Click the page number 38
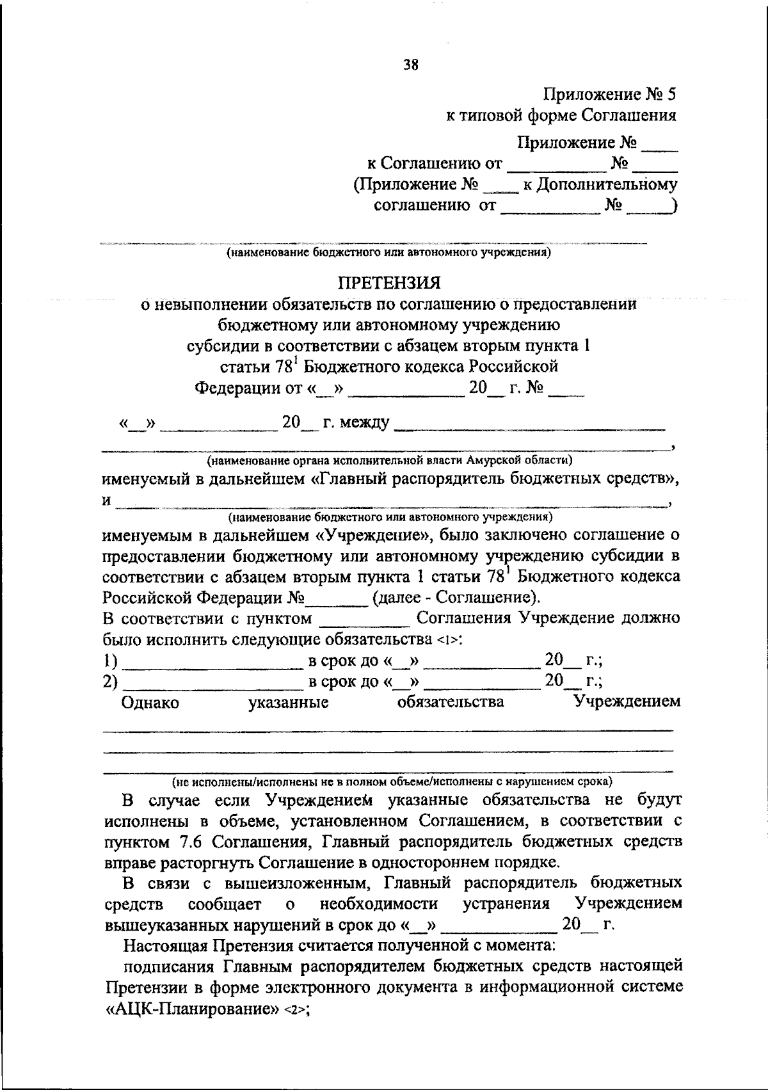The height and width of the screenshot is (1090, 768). pyautogui.click(x=411, y=64)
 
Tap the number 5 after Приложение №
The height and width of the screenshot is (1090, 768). pyautogui.click(x=671, y=95)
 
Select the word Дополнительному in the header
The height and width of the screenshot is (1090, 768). pyautogui.click(x=606, y=185)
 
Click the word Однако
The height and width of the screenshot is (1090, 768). pyautogui.click(x=150, y=703)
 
